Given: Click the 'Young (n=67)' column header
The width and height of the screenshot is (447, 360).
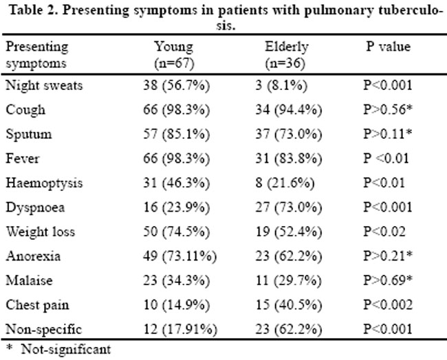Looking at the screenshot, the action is [174, 55].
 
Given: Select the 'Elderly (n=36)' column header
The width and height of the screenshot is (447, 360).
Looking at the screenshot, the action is [286, 55].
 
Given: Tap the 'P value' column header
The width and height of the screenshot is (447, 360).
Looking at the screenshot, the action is [388, 47].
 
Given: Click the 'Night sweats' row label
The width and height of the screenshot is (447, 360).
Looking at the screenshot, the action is [44, 85].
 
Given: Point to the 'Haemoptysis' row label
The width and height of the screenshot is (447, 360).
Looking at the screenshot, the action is [44, 183].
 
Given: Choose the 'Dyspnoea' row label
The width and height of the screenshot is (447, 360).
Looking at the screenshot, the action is [35, 207].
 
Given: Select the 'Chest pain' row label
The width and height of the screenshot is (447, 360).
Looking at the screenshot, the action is [37, 305].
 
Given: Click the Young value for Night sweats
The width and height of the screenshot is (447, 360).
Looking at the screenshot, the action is [177, 85].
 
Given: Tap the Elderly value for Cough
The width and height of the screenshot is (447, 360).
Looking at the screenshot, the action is [289, 110].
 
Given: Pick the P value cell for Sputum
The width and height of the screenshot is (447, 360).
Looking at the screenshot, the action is [388, 134].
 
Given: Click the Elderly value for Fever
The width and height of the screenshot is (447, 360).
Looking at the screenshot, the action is [289, 158].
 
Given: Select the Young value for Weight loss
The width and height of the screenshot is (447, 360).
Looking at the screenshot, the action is [177, 232].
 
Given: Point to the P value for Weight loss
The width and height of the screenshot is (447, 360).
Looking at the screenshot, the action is [384, 232].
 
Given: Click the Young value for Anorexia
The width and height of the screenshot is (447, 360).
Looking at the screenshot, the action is [180, 256].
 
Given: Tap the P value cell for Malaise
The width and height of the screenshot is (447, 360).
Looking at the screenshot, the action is [388, 280].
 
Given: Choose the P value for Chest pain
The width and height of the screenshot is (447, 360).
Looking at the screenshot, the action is [388, 305].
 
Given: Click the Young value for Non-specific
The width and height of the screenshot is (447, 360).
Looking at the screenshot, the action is [180, 329].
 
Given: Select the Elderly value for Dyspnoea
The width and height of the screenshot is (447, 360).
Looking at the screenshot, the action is [289, 207].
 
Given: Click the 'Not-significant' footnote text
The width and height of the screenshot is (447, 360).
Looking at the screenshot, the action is [66, 350].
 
